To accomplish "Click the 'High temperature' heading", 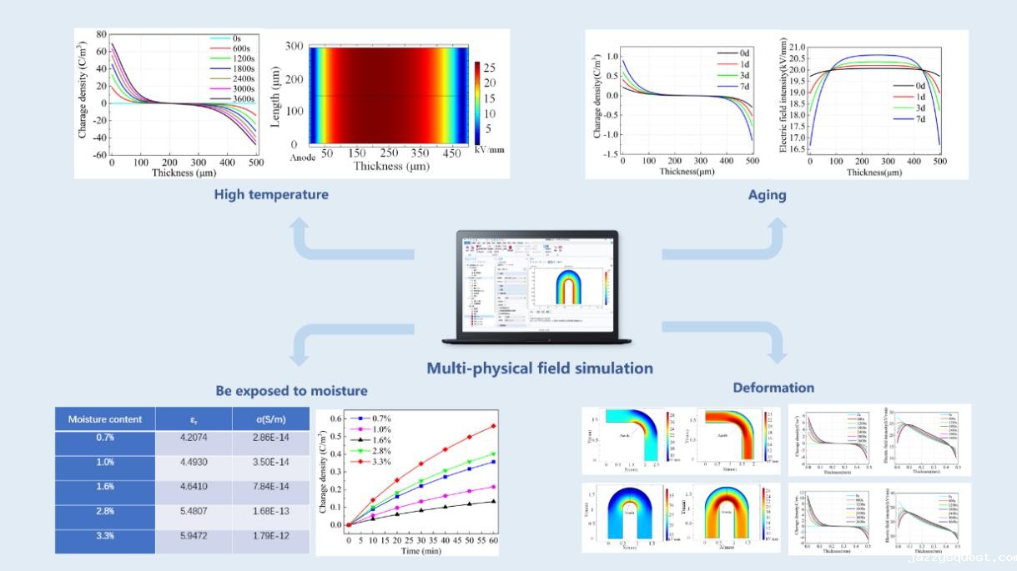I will click(x=271, y=194).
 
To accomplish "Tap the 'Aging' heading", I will click(x=767, y=195).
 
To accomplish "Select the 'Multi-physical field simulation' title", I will click(x=540, y=368).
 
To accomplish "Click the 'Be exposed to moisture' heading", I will click(x=291, y=390).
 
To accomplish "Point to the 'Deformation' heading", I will click(x=773, y=388).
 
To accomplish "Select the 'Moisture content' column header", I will click(x=105, y=419).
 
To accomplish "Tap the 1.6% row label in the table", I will click(x=105, y=488).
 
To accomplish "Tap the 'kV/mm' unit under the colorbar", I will click(x=489, y=150).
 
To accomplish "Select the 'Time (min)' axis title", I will click(x=421, y=551).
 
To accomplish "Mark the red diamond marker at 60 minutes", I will click(x=493, y=426).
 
